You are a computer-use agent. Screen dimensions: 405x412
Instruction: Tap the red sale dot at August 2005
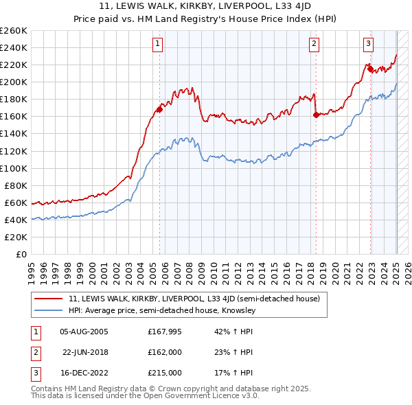click(159, 109)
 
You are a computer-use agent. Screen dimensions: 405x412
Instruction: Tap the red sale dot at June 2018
click(316, 115)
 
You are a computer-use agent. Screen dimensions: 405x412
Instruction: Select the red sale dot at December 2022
click(370, 69)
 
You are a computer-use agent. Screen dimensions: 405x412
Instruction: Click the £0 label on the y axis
click(21, 254)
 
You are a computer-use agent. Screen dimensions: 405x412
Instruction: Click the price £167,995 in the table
click(164, 331)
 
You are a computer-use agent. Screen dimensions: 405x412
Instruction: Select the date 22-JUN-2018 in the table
click(86, 351)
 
